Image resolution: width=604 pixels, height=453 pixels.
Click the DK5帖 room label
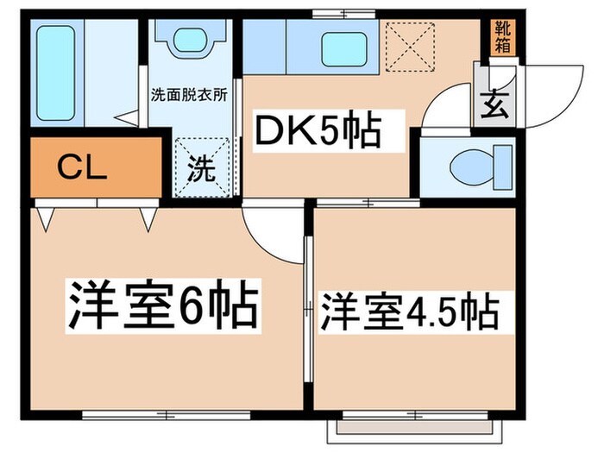318,129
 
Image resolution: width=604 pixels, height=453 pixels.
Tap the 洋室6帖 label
163,306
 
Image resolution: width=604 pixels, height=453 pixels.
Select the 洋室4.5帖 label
410,311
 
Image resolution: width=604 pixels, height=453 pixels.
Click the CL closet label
82,168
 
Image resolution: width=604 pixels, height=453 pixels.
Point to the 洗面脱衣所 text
189,95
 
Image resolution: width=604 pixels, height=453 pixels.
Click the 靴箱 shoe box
502,36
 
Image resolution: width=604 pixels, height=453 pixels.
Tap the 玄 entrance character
494,104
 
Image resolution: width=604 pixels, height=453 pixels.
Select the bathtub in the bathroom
55,72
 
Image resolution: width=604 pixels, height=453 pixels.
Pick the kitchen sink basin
344,49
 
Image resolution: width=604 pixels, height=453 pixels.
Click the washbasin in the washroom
191,40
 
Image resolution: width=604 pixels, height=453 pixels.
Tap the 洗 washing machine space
202,168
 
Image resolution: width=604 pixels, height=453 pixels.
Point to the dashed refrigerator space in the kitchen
411,47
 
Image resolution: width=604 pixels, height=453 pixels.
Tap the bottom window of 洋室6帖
167,415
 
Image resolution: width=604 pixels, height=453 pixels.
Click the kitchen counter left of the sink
264,47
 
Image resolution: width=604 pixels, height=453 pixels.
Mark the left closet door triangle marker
46,219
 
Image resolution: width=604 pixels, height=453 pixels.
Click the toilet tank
503,167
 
